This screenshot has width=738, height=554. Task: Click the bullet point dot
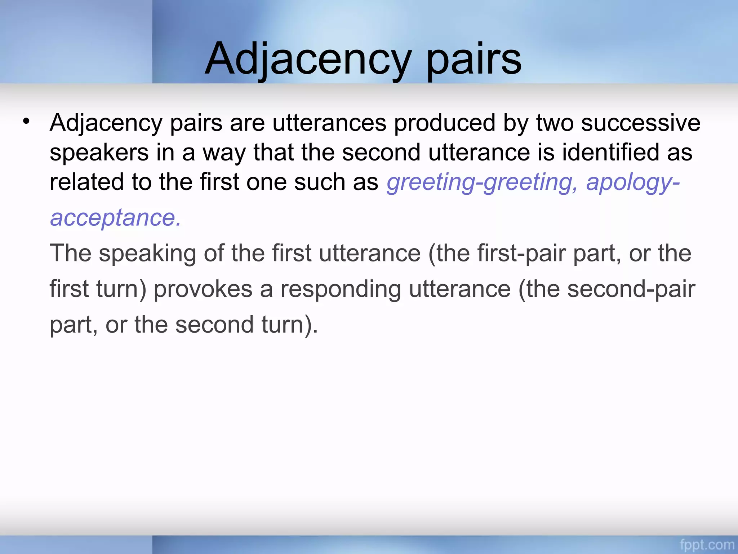tap(26, 121)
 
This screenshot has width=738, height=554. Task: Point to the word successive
tap(641, 123)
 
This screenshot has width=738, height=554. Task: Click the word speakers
tap(99, 153)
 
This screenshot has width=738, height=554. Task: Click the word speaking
tap(147, 254)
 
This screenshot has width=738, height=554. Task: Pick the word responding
tap(341, 289)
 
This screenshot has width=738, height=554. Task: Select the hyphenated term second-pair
tap(631, 289)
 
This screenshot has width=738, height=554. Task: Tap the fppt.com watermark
tap(707, 545)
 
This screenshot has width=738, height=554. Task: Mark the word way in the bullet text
tap(224, 153)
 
